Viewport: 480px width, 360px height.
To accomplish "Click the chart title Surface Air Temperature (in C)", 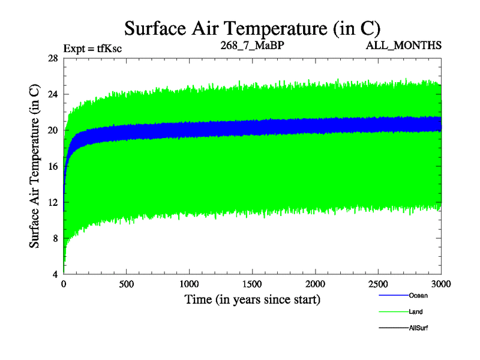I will [x=252, y=28].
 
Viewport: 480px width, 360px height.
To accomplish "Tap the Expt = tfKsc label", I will [x=92, y=48].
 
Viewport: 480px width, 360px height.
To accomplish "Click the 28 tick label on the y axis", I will [x=52, y=58].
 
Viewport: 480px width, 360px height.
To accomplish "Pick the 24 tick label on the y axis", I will [x=52, y=94].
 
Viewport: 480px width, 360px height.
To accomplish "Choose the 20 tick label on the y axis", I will [x=52, y=130].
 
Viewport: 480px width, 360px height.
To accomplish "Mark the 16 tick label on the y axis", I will [x=52, y=166].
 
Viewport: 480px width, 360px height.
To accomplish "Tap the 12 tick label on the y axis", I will [x=52, y=202].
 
